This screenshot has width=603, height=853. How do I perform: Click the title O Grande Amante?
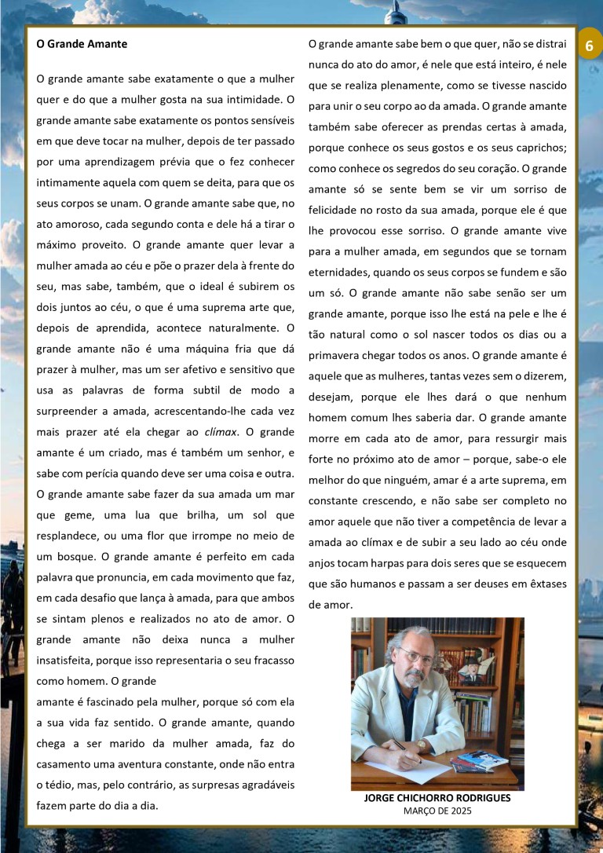82,44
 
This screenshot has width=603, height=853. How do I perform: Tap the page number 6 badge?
589,46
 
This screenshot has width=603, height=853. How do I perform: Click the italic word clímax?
221,431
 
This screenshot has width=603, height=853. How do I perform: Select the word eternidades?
338,272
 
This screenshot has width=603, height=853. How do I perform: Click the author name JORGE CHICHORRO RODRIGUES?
437,798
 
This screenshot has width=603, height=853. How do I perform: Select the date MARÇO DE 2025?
437,811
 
